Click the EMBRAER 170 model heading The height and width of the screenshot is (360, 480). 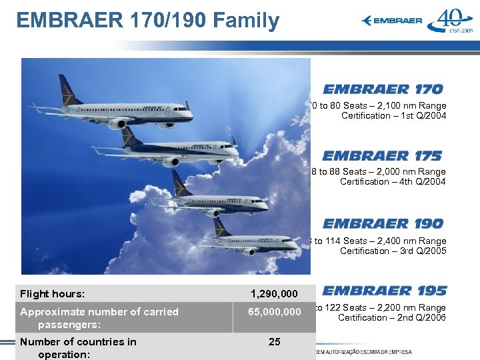click(383, 89)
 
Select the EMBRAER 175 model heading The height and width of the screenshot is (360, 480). click(382, 156)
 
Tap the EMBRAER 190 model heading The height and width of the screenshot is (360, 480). click(383, 223)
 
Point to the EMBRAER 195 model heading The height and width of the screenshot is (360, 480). click(385, 291)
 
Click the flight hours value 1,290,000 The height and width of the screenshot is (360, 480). click(274, 294)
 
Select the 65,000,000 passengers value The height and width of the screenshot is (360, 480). click(274, 312)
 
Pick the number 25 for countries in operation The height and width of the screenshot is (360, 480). click(274, 342)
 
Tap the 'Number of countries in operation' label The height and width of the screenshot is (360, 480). click(77, 347)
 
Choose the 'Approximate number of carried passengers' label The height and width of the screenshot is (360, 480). click(99, 318)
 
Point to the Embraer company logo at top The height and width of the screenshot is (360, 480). click(392, 21)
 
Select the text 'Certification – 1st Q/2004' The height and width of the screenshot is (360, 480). click(393, 116)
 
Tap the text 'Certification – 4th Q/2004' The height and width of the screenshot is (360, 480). click(393, 182)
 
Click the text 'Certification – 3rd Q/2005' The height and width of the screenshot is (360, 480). click(393, 251)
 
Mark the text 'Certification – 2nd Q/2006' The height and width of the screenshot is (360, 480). click(391, 318)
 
